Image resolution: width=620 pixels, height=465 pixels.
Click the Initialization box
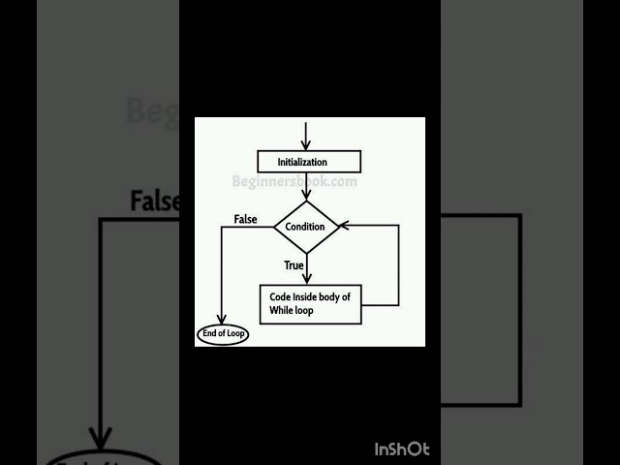click(309, 162)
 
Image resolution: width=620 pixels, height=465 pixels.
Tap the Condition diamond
click(306, 227)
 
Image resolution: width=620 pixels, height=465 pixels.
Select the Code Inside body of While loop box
click(311, 303)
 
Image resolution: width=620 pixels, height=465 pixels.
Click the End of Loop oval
click(223, 334)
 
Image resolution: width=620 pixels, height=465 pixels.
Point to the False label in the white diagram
click(246, 219)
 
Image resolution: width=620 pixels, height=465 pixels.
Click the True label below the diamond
click(294, 263)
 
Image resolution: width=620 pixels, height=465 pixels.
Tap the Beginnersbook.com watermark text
click(294, 181)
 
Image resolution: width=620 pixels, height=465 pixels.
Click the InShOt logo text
click(402, 449)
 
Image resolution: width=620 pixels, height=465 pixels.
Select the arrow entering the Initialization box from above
click(306, 136)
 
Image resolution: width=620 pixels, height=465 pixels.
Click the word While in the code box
click(284, 310)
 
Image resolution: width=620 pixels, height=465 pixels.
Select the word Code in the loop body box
click(280, 296)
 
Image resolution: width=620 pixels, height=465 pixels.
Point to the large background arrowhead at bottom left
click(101, 438)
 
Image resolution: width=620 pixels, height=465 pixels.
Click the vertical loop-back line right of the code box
click(398, 266)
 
